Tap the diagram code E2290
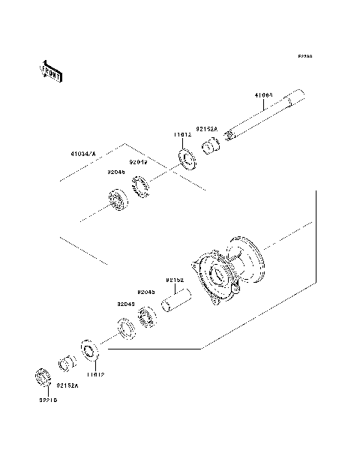click(304, 56)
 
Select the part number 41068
click(262, 95)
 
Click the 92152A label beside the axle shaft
click(206, 129)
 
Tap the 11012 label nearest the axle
click(183, 135)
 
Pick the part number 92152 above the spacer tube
click(175, 280)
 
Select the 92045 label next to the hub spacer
click(145, 292)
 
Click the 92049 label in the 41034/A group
click(137, 162)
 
